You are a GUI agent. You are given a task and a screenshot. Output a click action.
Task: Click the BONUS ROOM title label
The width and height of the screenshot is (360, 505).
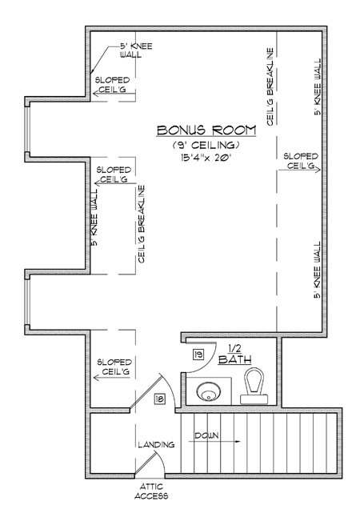(206, 130)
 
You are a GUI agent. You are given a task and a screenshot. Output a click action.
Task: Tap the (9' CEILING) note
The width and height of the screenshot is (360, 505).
(206, 145)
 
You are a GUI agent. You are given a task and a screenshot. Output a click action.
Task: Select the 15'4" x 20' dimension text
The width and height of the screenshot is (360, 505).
(206, 158)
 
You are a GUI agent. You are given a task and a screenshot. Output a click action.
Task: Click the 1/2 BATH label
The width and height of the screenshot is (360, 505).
(234, 355)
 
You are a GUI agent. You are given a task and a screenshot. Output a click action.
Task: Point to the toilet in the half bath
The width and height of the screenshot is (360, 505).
(254, 387)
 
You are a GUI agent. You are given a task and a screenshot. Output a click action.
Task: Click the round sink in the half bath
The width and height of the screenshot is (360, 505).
(209, 391)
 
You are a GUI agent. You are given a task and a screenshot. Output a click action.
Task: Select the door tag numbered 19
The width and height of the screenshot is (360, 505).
(198, 355)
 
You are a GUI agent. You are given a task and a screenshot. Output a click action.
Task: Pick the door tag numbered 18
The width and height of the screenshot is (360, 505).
(160, 399)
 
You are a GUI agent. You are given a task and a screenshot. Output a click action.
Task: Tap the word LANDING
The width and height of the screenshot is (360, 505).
(156, 445)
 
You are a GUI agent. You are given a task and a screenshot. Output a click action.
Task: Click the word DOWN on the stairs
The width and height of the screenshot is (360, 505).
(206, 435)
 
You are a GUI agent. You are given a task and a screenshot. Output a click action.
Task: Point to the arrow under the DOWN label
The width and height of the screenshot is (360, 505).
(214, 441)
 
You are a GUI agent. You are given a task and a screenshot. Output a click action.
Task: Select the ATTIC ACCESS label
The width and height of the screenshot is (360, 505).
(151, 491)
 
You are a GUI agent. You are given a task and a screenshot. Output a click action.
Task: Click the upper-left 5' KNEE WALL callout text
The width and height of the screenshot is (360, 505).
(136, 50)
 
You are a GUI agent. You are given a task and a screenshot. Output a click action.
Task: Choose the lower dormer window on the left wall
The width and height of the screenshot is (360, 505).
(27, 302)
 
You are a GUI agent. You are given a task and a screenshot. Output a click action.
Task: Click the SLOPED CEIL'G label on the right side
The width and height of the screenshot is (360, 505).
(301, 161)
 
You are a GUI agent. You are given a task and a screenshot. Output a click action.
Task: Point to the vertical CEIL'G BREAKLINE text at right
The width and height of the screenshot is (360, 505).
(270, 87)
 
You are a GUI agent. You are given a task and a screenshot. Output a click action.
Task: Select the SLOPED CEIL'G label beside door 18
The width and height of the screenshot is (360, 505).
(114, 367)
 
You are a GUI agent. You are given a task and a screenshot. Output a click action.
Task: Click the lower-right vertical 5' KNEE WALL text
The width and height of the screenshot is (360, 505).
(318, 270)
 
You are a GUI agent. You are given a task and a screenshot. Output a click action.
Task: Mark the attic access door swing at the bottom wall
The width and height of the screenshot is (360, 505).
(150, 461)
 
